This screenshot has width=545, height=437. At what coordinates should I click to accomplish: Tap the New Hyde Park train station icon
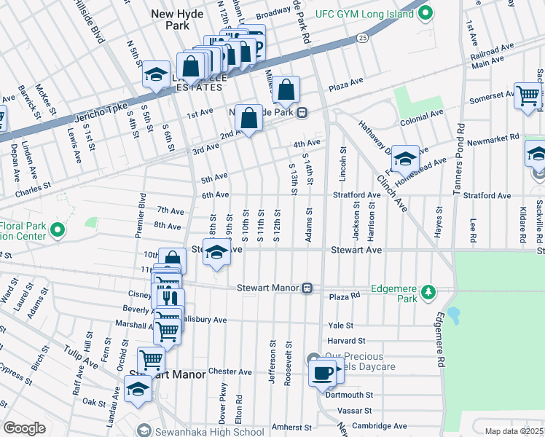pos(301,113)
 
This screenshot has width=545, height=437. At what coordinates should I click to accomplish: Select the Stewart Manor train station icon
pos(308,288)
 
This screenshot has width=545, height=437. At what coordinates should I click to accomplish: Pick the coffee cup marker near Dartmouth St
pos(322,374)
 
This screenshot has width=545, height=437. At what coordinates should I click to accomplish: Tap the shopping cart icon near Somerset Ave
pos(528,95)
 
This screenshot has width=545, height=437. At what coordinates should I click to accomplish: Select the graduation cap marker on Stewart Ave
pos(216,253)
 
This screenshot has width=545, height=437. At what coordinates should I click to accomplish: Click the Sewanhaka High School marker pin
pos(144,432)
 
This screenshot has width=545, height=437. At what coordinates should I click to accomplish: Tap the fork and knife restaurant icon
pos(170,299)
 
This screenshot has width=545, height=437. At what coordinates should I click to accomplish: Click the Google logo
pos(24,428)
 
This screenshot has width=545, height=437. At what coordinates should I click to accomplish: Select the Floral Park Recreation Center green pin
pos(57,231)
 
